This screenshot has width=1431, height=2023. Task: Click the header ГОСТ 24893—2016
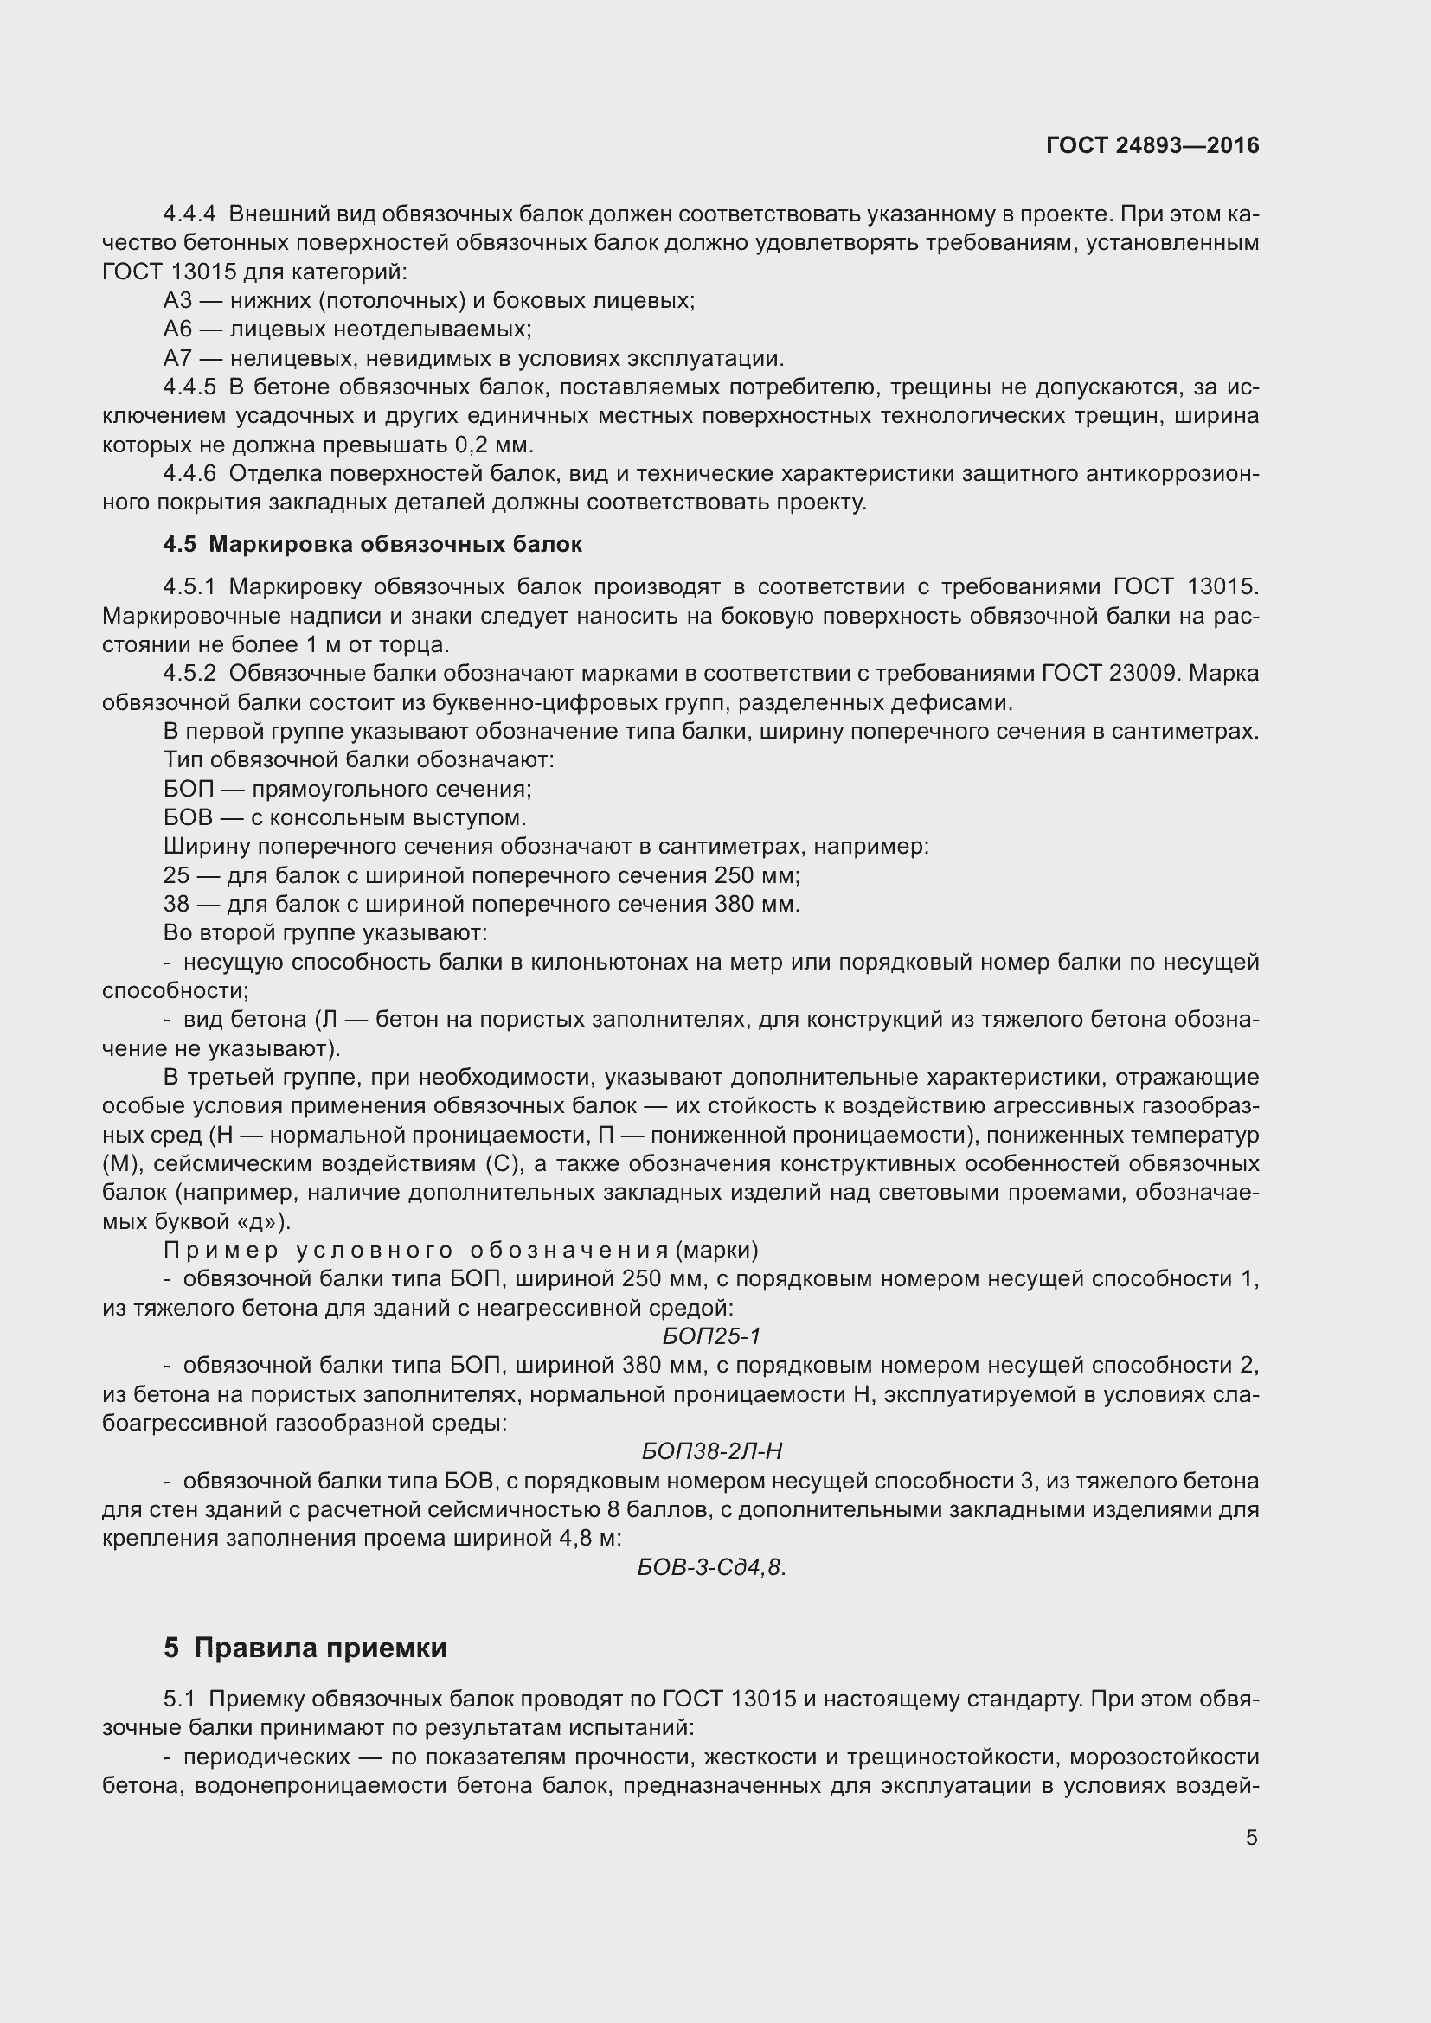(x=1152, y=146)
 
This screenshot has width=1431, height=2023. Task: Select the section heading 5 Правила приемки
(x=305, y=1648)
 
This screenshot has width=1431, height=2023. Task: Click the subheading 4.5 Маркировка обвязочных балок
(x=372, y=545)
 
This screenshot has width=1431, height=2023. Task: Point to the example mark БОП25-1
(x=711, y=1336)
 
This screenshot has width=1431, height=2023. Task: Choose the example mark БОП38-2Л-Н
(x=711, y=1451)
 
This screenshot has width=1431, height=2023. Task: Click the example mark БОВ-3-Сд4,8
(x=710, y=1567)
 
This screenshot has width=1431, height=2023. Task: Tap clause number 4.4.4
(x=189, y=214)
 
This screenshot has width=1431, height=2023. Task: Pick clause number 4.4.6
(x=189, y=474)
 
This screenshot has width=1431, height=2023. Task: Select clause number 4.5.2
(x=189, y=674)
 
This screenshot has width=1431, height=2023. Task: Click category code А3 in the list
(x=178, y=301)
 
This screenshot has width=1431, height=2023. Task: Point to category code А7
(x=178, y=359)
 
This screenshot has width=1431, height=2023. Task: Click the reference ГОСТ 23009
(x=1107, y=674)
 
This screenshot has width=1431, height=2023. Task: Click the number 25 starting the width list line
(x=176, y=876)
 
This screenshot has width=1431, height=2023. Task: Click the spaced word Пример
(x=221, y=1251)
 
